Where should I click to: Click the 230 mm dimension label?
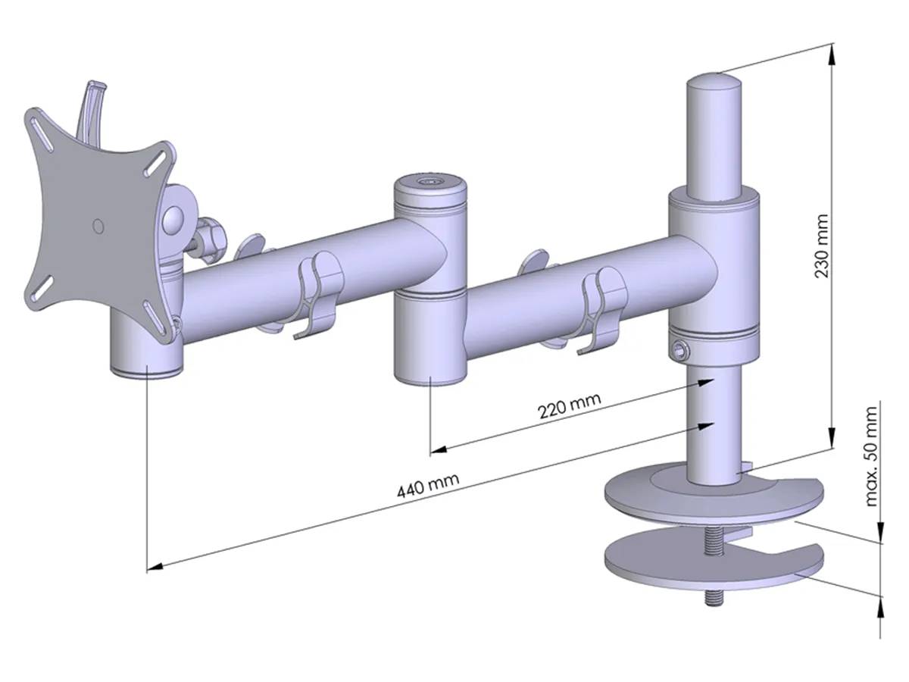point(821,245)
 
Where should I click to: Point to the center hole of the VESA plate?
point(97,226)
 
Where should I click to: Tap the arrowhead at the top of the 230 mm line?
point(832,52)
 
